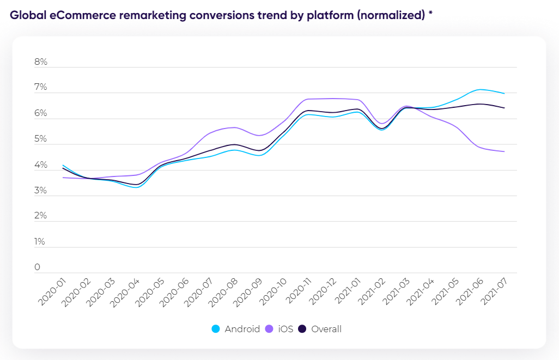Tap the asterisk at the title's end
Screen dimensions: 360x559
(430, 15)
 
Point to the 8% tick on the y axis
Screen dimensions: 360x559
(41, 62)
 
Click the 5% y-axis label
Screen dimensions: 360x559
(41, 139)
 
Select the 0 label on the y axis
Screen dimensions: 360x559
(38, 267)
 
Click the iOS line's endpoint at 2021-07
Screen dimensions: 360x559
(504, 151)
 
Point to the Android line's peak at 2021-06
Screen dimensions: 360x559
(479, 89)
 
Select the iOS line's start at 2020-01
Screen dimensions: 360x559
(63, 178)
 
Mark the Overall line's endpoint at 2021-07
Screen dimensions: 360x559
(504, 108)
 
